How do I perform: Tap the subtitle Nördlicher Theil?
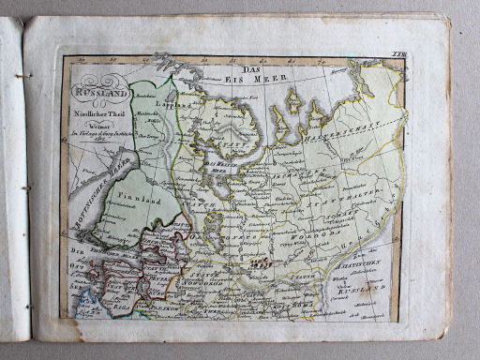click(100, 109)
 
